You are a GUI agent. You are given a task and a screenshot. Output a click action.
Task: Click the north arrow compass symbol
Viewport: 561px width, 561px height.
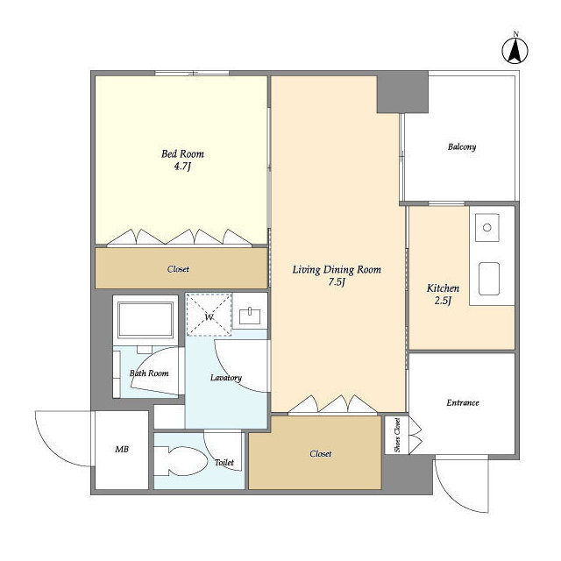(515, 51)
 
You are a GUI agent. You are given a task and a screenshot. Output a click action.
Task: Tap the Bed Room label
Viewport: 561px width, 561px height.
(182, 154)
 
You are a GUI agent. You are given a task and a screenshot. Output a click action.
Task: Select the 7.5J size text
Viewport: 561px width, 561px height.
(337, 282)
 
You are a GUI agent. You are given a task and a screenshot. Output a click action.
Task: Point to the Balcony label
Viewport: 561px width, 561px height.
(462, 146)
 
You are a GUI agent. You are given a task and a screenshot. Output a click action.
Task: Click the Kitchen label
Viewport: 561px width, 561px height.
(443, 288)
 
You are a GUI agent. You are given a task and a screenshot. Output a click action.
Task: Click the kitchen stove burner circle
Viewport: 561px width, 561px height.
(487, 227)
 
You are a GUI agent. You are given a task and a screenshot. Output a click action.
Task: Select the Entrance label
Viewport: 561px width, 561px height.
(463, 403)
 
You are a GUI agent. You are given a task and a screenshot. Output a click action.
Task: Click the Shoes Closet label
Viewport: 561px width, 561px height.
(397, 435)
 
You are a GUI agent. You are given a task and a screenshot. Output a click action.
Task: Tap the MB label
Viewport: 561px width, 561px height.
(122, 449)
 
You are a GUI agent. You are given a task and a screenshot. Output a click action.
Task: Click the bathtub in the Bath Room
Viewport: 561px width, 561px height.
(146, 319)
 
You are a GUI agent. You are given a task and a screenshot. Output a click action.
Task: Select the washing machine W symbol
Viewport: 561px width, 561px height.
(209, 315)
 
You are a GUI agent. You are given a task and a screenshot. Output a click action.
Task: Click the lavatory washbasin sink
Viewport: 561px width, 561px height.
(250, 316)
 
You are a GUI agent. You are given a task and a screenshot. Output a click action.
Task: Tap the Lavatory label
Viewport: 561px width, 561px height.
(226, 378)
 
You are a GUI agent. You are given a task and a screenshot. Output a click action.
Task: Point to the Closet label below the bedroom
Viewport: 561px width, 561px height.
(178, 269)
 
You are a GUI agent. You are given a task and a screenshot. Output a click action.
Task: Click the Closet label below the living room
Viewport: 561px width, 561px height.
(321, 454)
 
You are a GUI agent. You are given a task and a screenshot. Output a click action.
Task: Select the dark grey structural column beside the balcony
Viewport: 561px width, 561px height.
(402, 92)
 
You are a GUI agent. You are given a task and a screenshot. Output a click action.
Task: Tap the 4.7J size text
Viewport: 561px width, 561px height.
(182, 167)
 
